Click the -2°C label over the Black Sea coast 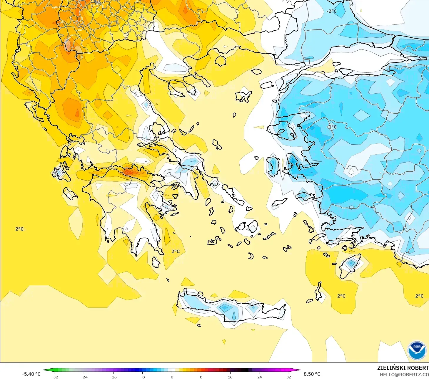point(331,11)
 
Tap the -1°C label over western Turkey point(332,127)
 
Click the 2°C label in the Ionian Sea point(19,229)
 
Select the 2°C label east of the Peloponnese point(176,251)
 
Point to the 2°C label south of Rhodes point(341,296)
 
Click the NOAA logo point(417,350)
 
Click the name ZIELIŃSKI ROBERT point(403,368)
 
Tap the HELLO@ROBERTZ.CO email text point(404,375)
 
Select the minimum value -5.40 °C point(31,374)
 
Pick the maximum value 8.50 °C point(312,374)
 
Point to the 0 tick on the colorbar point(172,377)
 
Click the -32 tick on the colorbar point(55,377)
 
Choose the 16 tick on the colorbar point(230,377)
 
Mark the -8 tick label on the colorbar point(143,377)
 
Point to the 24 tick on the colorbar point(259,377)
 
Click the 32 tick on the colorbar point(288,377)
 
